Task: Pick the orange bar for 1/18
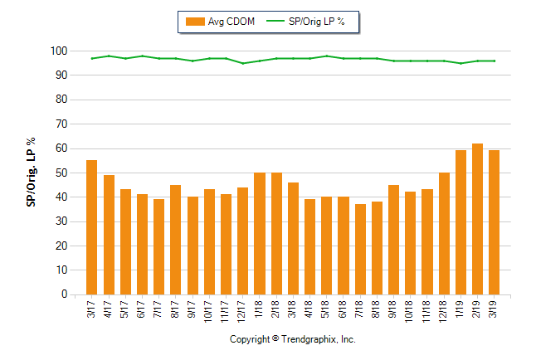point(259,233)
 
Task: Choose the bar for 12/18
point(444,233)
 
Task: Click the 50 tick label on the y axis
point(61,173)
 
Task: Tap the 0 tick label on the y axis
point(63,294)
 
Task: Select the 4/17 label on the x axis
point(109,309)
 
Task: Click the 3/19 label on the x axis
point(495,309)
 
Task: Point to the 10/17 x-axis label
point(209,310)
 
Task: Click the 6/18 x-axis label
point(344,309)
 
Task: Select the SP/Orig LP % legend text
point(317,22)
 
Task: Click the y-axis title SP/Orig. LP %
point(31,173)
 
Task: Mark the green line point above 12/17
point(242,63)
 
